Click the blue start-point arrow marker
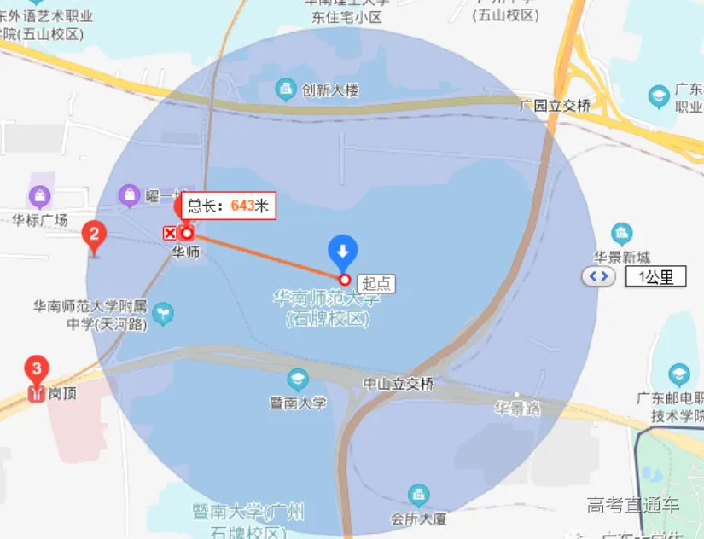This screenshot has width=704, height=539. click(343, 251)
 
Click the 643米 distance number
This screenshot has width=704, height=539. click(243, 206)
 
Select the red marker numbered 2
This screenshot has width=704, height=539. click(94, 235)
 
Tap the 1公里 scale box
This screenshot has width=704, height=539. click(655, 276)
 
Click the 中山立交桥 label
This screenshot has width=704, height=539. click(399, 384)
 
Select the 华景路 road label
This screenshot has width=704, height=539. click(517, 409)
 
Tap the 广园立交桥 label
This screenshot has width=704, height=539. click(555, 106)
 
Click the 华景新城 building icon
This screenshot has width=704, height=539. click(622, 233)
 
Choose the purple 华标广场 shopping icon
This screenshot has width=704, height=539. click(39, 197)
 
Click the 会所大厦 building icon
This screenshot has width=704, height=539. click(418, 495)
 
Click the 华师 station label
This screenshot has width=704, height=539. click(186, 252)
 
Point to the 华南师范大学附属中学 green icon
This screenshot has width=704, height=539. click(162, 315)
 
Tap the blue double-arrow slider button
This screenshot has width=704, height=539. click(596, 276)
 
